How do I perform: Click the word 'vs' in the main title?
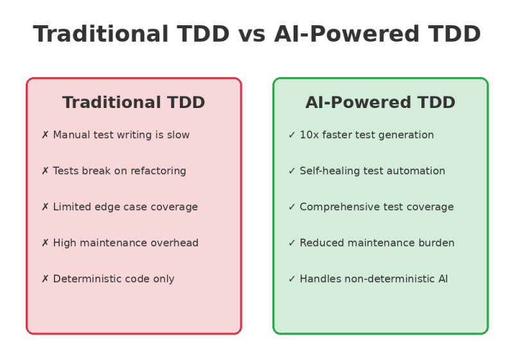[x=252, y=34]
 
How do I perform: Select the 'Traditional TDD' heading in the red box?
[x=134, y=103]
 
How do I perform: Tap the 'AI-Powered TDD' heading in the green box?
[x=380, y=103]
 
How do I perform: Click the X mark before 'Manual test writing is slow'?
[x=45, y=135]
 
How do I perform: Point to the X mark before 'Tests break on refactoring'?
[x=45, y=171]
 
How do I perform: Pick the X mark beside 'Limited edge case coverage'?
[x=45, y=207]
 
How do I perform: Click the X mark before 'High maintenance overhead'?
[x=45, y=243]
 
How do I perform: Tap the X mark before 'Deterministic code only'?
[x=45, y=279]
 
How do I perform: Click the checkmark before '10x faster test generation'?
[x=292, y=135]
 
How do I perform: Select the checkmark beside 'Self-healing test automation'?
[x=292, y=171]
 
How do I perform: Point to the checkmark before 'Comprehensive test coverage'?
[x=292, y=207]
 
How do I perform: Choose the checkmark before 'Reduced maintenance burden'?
[x=292, y=243]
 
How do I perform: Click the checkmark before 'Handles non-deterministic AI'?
[x=292, y=279]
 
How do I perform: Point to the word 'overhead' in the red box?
[x=173, y=243]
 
